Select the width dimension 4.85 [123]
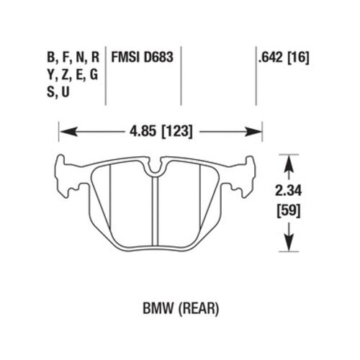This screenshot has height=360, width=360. click(161, 132)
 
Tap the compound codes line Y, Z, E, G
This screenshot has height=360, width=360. click(73, 73)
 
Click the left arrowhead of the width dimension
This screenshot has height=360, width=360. click(64, 132)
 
